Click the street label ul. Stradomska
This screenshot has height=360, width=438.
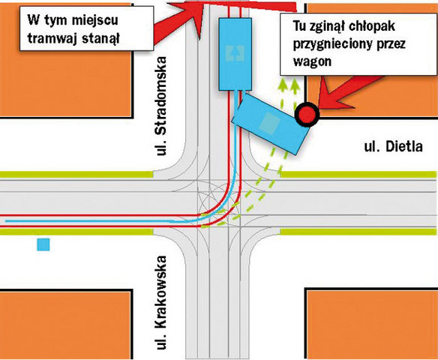(x=162, y=106)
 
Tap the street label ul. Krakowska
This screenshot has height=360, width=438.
(x=162, y=302)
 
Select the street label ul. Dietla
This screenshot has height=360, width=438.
(x=393, y=147)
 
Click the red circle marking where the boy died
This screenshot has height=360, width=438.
(x=307, y=115)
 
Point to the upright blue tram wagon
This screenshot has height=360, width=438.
(x=235, y=54)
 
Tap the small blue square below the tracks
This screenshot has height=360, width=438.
(x=43, y=244)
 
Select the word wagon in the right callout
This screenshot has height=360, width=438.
(x=312, y=61)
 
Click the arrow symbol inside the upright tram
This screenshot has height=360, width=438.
(x=235, y=53)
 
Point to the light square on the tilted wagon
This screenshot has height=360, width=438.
(x=269, y=122)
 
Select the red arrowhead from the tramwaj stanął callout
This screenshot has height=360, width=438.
(x=190, y=16)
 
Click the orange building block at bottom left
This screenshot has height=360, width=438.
(x=66, y=325)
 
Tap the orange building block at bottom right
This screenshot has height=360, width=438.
(x=371, y=324)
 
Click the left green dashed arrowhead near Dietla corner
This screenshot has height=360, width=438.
(x=283, y=85)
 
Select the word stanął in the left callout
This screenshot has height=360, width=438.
(x=100, y=37)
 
